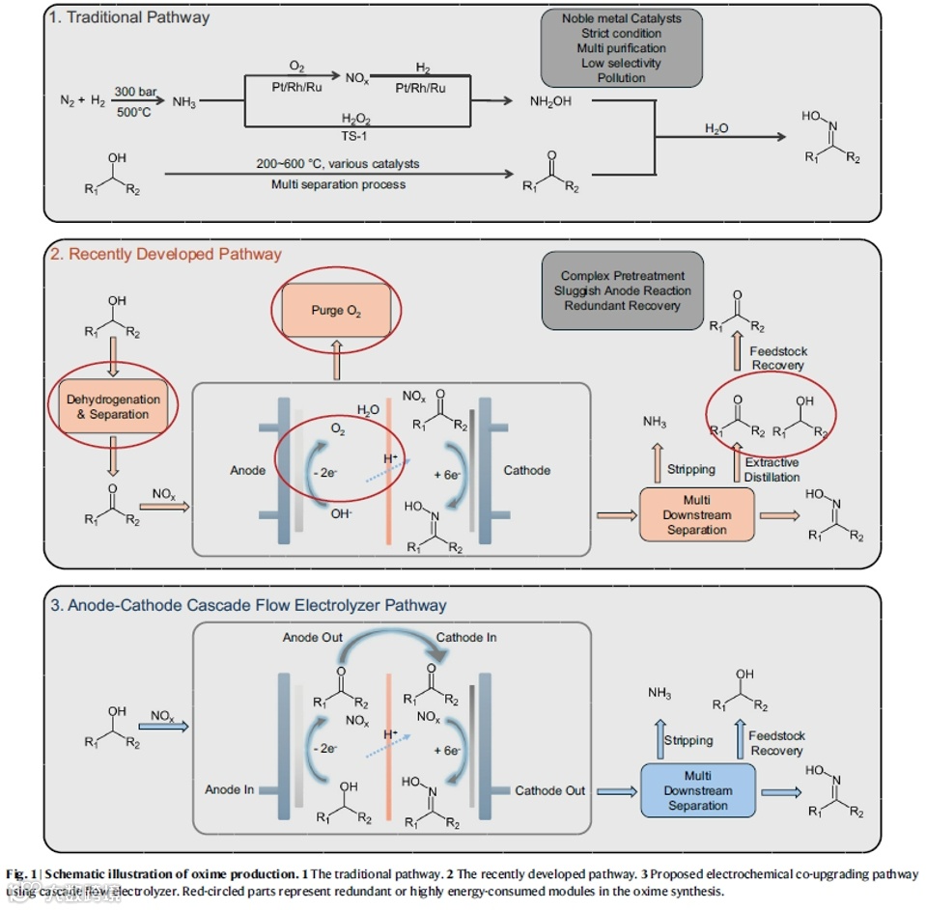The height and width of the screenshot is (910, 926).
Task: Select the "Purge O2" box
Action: point(336,311)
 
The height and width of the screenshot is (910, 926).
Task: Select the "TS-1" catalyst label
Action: point(354,136)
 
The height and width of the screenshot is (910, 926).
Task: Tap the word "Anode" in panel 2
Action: point(247,470)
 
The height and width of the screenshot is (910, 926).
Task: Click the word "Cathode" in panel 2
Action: point(527,470)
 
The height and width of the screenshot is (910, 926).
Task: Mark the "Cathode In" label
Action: point(467,638)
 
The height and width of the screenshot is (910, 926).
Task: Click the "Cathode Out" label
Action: point(549,790)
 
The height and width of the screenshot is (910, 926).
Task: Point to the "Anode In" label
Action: point(229,789)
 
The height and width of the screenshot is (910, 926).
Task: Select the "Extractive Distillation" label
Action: point(772,470)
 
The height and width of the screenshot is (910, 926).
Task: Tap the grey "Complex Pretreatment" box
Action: point(622,290)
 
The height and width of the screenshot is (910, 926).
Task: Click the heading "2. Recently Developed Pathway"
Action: point(166,254)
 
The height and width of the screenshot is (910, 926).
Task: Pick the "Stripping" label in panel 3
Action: point(687,741)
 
